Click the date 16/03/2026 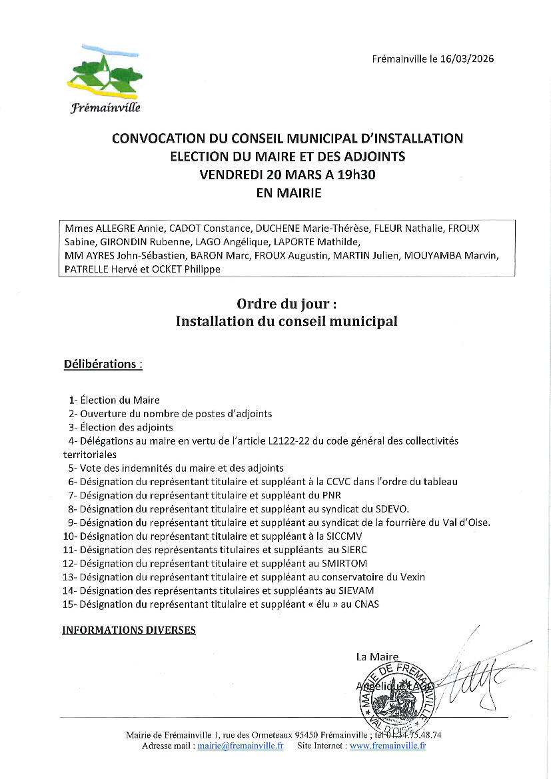(x=466, y=59)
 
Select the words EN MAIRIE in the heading (x=288, y=194)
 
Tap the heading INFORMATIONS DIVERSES (x=129, y=630)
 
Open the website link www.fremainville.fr (x=388, y=746)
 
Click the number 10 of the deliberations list (x=69, y=536)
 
